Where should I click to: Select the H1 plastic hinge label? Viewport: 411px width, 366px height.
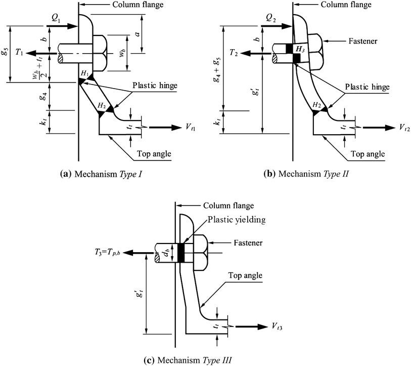pos(84,75)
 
